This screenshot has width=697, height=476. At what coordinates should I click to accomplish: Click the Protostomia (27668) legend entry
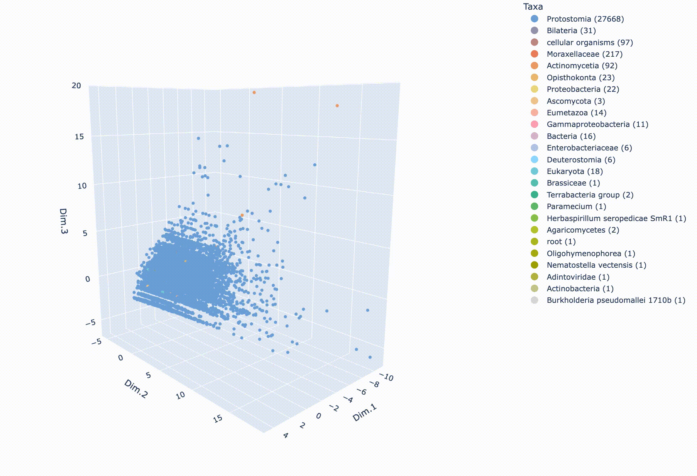click(x=585, y=19)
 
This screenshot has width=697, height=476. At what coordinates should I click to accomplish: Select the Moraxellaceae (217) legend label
click(x=584, y=54)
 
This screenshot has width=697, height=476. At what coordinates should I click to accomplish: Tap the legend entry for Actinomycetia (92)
click(x=582, y=66)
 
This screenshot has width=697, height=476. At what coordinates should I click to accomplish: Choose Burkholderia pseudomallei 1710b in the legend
click(x=616, y=300)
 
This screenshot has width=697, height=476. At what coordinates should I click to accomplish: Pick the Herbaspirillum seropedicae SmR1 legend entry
click(x=616, y=218)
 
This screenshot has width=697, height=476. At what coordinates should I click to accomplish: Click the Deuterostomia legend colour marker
click(x=535, y=160)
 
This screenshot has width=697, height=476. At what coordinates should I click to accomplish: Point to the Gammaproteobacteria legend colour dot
click(x=535, y=124)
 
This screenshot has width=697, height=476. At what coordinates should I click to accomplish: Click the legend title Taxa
click(x=533, y=7)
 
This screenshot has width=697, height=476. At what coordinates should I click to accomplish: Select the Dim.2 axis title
click(x=136, y=388)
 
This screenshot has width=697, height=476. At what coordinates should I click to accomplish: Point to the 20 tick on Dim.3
click(x=76, y=85)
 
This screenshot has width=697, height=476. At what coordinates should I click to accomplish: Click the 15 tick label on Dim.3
click(x=79, y=137)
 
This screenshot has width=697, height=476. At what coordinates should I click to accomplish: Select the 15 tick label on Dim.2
click(x=218, y=418)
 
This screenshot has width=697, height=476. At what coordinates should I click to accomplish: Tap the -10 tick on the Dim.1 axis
click(x=387, y=377)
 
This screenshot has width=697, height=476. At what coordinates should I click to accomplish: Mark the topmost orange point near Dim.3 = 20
click(x=254, y=93)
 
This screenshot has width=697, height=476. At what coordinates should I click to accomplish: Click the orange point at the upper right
click(x=337, y=106)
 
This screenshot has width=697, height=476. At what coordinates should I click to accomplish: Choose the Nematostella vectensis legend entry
click(x=596, y=265)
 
